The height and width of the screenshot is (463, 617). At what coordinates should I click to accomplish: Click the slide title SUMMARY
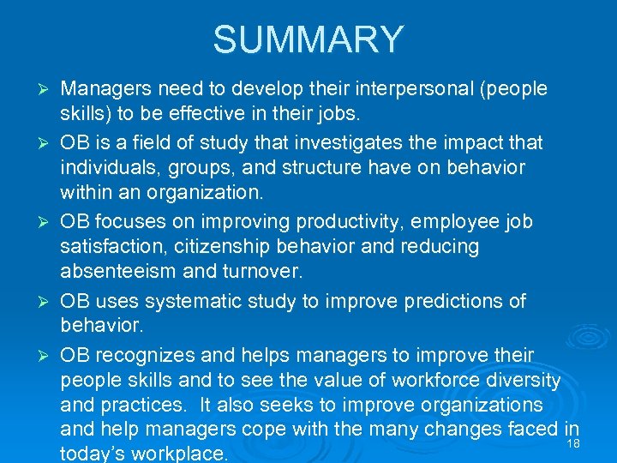coord(308,39)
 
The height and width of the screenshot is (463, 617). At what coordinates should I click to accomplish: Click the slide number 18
coord(574,443)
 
